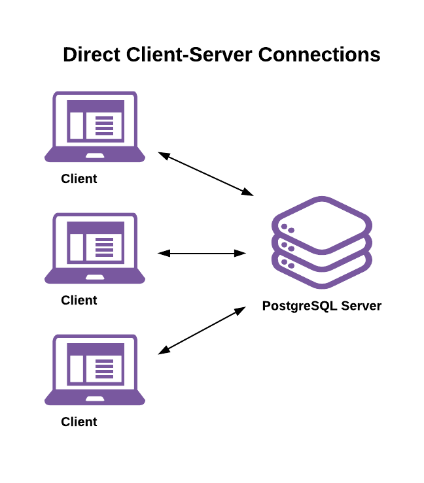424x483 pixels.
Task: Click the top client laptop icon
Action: tap(95, 126)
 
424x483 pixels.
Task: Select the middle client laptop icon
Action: tap(95, 248)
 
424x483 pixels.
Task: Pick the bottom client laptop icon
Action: tap(95, 369)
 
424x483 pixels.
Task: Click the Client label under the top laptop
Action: tap(79, 178)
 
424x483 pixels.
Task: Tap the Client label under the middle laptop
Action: tap(79, 300)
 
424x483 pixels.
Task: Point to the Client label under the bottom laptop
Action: tap(79, 422)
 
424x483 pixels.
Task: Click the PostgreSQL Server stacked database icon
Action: tap(322, 242)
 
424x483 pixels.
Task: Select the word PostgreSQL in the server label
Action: tap(298, 305)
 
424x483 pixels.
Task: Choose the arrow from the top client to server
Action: tap(205, 174)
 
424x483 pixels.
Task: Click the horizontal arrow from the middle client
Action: tap(202, 253)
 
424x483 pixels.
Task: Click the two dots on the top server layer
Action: tap(287, 229)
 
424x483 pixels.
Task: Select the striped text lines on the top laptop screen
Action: tap(105, 125)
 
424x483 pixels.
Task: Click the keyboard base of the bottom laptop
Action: tap(95, 399)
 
